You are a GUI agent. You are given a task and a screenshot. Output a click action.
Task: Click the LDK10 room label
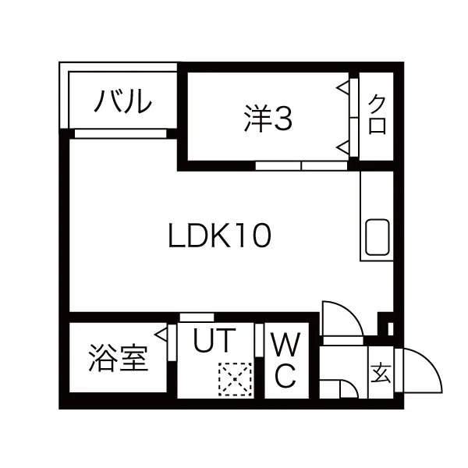pos(220,235)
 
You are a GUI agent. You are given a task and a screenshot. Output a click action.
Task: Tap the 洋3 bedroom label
pos(267,119)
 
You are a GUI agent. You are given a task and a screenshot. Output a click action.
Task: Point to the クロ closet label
pos(378,115)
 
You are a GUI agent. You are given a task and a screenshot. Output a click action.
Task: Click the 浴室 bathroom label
pos(118,361)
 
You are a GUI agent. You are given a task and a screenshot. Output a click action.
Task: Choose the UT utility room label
pos(213,342)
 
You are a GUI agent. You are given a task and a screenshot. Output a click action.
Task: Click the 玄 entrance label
pos(380,373)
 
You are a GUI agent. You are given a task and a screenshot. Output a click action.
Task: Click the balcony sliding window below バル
pos(121,133)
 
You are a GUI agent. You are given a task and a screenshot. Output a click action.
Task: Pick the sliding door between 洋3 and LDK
pos(301,165)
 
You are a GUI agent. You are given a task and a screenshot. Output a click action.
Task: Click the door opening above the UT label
pos(197,316)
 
